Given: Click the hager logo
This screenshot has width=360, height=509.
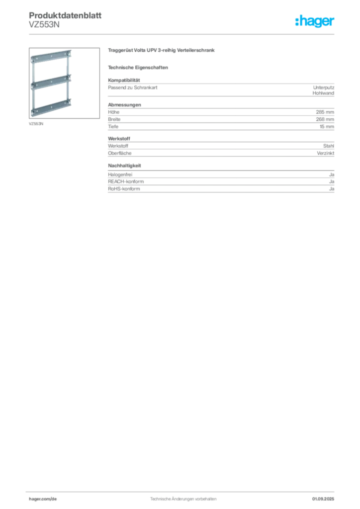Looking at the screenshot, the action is pos(314,21).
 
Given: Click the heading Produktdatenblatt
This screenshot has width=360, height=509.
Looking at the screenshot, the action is pos(65,15).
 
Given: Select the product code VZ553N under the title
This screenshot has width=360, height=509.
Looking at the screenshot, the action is pos(44,25).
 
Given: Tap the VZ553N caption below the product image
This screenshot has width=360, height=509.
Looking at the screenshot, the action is pos(36,124).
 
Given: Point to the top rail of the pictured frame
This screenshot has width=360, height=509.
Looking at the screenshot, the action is pos(51,57).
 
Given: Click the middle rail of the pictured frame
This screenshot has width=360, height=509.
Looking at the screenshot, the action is pos(51,82).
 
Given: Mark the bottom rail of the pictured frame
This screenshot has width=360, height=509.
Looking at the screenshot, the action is pos(51,108).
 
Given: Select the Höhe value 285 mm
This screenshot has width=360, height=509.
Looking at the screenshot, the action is pos(325,112).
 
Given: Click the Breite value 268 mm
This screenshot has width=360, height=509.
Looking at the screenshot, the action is pos(325,119).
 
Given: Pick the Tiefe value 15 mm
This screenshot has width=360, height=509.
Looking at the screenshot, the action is pos(327,127).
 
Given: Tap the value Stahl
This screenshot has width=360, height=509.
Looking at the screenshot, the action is pos(329,146).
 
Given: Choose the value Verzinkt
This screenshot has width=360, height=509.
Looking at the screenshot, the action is pos(326,153).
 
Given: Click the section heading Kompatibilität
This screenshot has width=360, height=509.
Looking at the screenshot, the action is pos(124,80).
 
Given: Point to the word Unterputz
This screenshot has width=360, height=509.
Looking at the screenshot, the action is pos(324,87).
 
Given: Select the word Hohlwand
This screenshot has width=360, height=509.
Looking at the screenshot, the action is pos(323,93).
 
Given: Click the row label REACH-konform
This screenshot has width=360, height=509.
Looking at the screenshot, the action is pos(126,181).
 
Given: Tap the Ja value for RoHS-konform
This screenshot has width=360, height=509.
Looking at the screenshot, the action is pos(332,188).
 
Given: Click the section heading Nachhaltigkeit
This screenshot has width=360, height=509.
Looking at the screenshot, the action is pos(124,166).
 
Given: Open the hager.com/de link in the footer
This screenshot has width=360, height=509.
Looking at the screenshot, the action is pos(43,499).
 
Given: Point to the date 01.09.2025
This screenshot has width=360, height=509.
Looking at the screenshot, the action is pos(323,499).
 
